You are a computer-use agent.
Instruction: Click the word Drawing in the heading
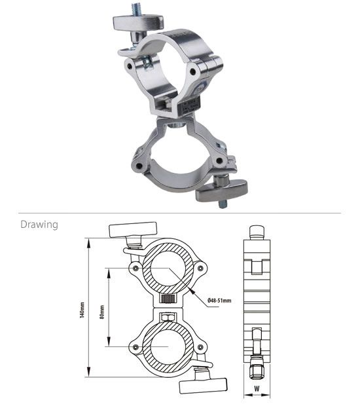coord(39,225)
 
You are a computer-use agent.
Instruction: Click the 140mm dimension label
coord(82,310)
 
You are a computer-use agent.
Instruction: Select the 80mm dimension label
coord(102,312)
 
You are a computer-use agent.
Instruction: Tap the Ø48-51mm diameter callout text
coord(219,301)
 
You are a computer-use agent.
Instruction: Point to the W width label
coord(257,388)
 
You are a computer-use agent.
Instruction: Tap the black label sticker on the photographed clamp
coord(190,104)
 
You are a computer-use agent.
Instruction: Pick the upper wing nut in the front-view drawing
coord(134,229)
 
